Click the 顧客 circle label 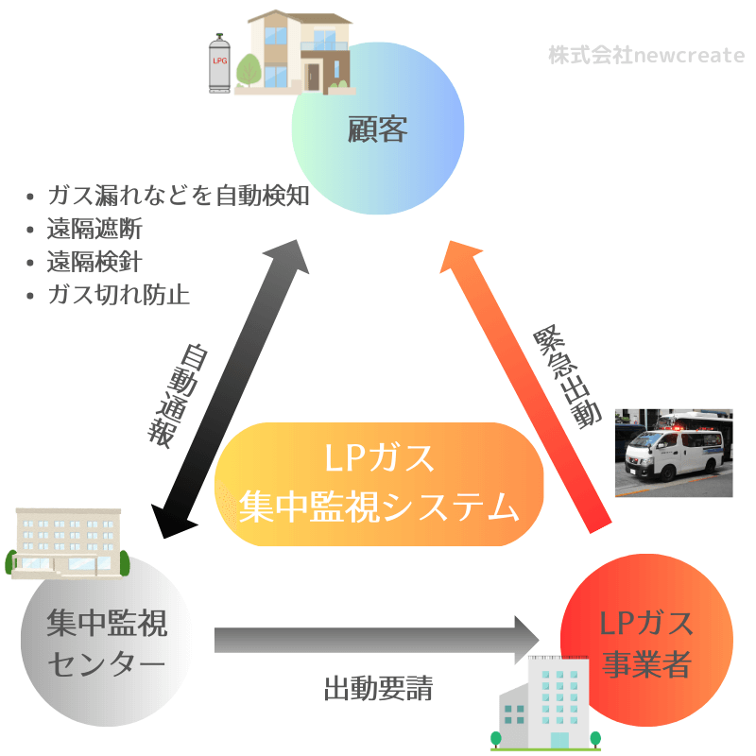377,129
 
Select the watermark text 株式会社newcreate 646,55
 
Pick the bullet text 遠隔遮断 94,229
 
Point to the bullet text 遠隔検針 94,262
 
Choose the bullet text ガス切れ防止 119,295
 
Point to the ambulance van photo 673,453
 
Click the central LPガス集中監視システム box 379,484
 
